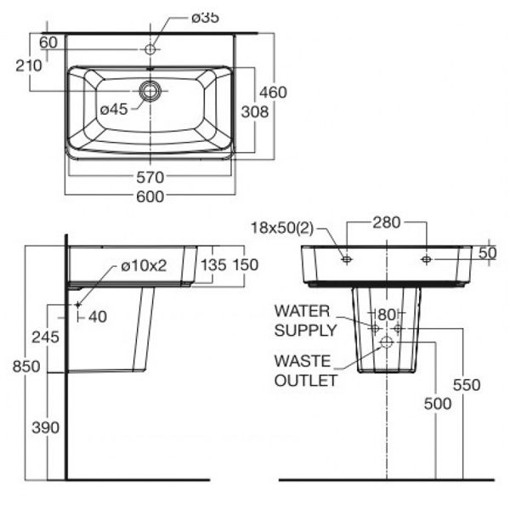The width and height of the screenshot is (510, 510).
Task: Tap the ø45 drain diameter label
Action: (113, 108)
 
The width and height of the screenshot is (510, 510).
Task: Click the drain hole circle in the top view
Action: (151, 89)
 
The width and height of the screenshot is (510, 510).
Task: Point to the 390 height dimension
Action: (47, 428)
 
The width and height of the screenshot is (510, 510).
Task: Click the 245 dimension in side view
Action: (47, 337)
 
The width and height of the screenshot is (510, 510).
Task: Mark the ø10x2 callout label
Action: (143, 264)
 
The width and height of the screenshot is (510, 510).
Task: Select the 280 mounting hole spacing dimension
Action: (387, 224)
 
